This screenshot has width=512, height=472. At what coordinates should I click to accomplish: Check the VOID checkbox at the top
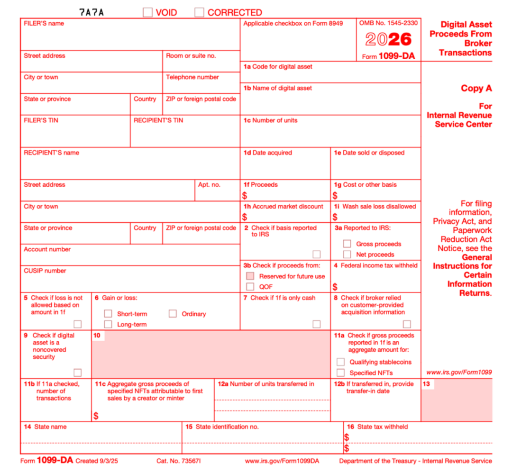[147, 12]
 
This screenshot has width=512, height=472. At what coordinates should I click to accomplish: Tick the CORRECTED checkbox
[199, 12]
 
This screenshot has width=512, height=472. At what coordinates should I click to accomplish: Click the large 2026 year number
[388, 39]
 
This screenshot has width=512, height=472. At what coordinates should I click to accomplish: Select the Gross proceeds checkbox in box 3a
[347, 244]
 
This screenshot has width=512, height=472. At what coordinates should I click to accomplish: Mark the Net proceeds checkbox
[347, 254]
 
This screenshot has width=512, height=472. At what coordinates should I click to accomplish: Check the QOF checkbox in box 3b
[250, 287]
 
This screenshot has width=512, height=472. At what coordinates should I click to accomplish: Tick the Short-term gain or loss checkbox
[108, 314]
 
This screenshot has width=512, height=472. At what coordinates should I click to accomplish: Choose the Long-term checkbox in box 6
[108, 325]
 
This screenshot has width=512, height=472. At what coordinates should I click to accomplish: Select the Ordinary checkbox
[173, 314]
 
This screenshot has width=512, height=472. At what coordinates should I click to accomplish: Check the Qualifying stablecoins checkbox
[340, 362]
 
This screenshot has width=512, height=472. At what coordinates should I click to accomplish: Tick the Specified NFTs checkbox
[340, 373]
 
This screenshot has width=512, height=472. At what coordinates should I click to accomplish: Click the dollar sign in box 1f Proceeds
[245, 196]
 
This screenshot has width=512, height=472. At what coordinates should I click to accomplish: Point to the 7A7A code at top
[91, 12]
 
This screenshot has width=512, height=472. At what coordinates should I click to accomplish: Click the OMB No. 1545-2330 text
[388, 23]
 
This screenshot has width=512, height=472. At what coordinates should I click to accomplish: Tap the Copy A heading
[476, 88]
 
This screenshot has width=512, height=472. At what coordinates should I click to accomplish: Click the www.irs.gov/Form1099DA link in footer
[282, 461]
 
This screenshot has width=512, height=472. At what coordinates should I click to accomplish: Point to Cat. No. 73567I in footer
[178, 461]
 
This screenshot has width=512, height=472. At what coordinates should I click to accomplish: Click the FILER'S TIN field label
[41, 120]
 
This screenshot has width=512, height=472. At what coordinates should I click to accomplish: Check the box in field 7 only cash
[316, 324]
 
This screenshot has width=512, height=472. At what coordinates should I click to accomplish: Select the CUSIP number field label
[45, 271]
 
